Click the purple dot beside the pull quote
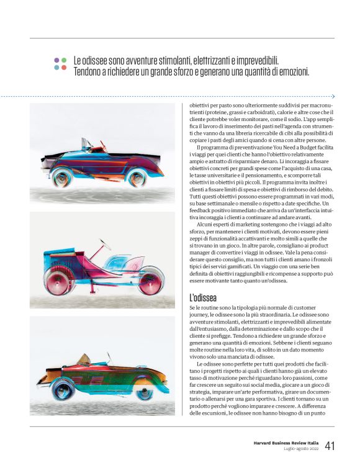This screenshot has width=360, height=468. (x=56, y=60)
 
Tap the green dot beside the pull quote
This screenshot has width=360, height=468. (x=64, y=60)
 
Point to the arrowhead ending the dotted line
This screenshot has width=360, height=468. (x=333, y=96)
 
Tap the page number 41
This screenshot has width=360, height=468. (x=330, y=446)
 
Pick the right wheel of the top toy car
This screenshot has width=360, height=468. (x=137, y=176)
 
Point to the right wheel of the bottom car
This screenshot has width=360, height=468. (x=144, y=389)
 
